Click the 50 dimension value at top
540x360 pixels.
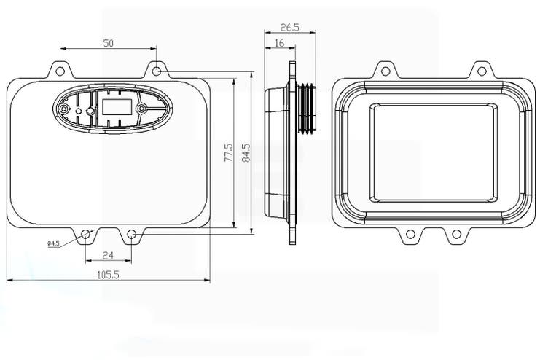tap(108, 44)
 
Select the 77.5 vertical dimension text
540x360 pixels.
tap(228, 154)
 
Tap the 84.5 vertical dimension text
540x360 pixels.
tap(246, 154)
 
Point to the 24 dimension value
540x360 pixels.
tap(108, 255)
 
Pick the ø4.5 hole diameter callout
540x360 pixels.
tap(53, 243)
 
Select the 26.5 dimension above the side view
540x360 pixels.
tap(289, 28)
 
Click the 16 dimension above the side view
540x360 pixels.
tap(280, 44)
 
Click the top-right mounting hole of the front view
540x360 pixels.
tap(156, 71)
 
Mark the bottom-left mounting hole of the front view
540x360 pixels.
tap(86, 234)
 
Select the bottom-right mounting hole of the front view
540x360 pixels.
tap(131, 234)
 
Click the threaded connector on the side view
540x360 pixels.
tap(308, 108)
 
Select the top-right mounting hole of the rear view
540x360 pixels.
tap(480, 71)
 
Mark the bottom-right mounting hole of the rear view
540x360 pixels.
tap(456, 234)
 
